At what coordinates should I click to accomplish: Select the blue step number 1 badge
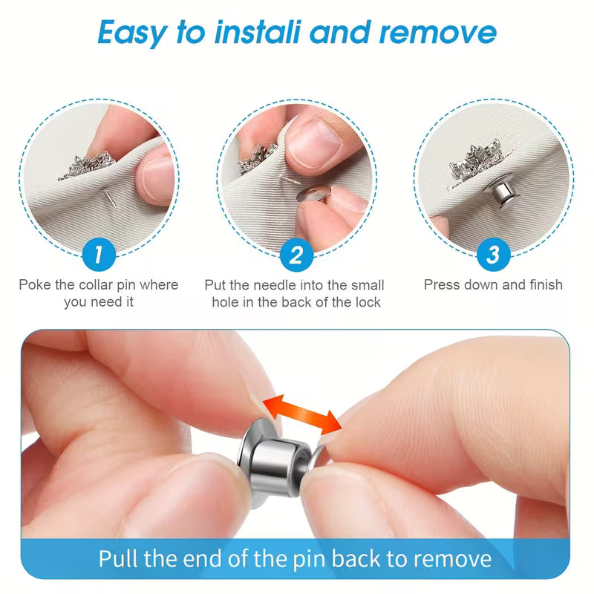pyautogui.click(x=99, y=255)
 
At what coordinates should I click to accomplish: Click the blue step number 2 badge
pyautogui.click(x=296, y=255)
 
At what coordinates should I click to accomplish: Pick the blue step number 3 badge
pyautogui.click(x=493, y=255)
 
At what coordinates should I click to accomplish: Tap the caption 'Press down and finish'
pyautogui.click(x=493, y=284)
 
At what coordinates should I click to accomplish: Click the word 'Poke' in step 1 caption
pyautogui.click(x=35, y=285)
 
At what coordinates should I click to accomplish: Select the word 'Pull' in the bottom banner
pyautogui.click(x=117, y=558)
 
